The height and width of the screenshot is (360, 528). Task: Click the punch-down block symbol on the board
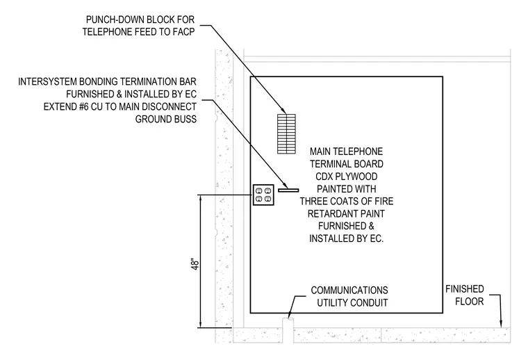[x=286, y=134]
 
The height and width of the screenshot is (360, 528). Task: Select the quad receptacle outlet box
[x=263, y=195]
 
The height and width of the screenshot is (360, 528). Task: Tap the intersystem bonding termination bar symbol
[x=288, y=190]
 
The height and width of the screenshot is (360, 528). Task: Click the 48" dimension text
[x=195, y=264]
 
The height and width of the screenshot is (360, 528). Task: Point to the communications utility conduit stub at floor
[x=288, y=330]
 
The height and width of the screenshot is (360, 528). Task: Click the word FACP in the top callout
[x=183, y=32]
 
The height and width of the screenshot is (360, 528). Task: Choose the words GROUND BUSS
[x=165, y=120]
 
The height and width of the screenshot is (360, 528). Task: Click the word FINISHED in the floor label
[x=464, y=289]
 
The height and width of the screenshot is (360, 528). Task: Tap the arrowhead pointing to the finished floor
[x=501, y=324]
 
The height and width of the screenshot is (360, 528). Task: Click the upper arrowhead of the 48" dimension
[x=201, y=199]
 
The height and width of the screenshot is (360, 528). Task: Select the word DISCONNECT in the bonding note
[x=169, y=106]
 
